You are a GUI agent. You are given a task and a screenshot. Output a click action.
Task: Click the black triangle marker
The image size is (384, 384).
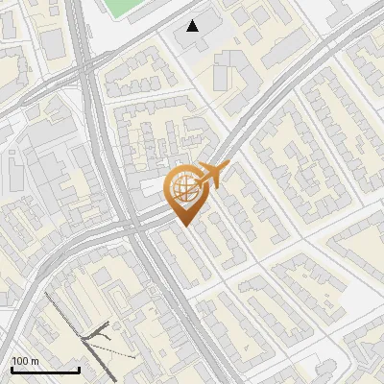[x=193, y=26]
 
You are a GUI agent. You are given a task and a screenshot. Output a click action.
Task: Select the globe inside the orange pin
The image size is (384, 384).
[x=184, y=184]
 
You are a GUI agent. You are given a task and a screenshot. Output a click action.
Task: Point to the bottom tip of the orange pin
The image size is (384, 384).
[x=185, y=226]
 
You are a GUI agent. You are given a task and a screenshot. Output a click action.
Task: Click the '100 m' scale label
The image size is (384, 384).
[x=25, y=361]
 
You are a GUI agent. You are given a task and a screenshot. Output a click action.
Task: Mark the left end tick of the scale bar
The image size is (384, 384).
[x=12, y=368]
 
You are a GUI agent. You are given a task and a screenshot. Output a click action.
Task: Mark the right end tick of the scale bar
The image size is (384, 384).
[x=79, y=368]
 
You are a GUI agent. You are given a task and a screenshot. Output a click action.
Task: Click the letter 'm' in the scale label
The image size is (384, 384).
[x=35, y=361]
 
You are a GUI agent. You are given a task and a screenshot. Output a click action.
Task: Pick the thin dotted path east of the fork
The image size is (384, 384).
[x=120, y=354]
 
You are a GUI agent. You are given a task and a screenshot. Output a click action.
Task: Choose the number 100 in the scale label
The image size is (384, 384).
[x=20, y=361]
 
